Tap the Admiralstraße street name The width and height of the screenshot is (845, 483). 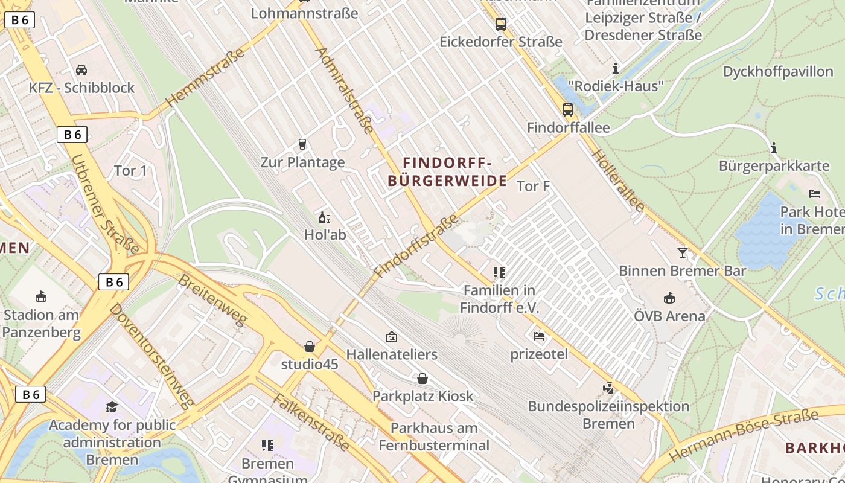point(344,90)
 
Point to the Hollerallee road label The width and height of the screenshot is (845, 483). point(618,180)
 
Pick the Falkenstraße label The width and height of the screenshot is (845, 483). point(310,422)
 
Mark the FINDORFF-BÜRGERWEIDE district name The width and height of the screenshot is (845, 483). point(447,172)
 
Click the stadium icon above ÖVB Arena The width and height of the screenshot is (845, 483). point(669,298)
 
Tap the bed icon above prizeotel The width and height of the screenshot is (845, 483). point(539,336)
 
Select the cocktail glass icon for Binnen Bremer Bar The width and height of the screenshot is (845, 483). point(683,253)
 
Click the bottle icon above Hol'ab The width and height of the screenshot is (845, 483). point(325,217)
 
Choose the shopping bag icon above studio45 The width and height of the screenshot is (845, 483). point(310,347)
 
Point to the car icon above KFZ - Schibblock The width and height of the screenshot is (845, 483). point(81,69)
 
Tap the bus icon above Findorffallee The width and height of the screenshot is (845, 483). point(568,110)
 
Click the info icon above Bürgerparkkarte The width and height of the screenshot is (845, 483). point(774,148)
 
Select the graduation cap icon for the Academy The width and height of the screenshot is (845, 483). point(112,407)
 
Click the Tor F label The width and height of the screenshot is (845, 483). point(533,186)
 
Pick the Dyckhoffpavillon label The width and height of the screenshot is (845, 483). point(777,72)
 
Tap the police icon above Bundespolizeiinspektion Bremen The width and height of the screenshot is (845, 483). point(608,388)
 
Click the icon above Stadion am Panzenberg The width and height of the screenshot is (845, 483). point(41,296)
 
